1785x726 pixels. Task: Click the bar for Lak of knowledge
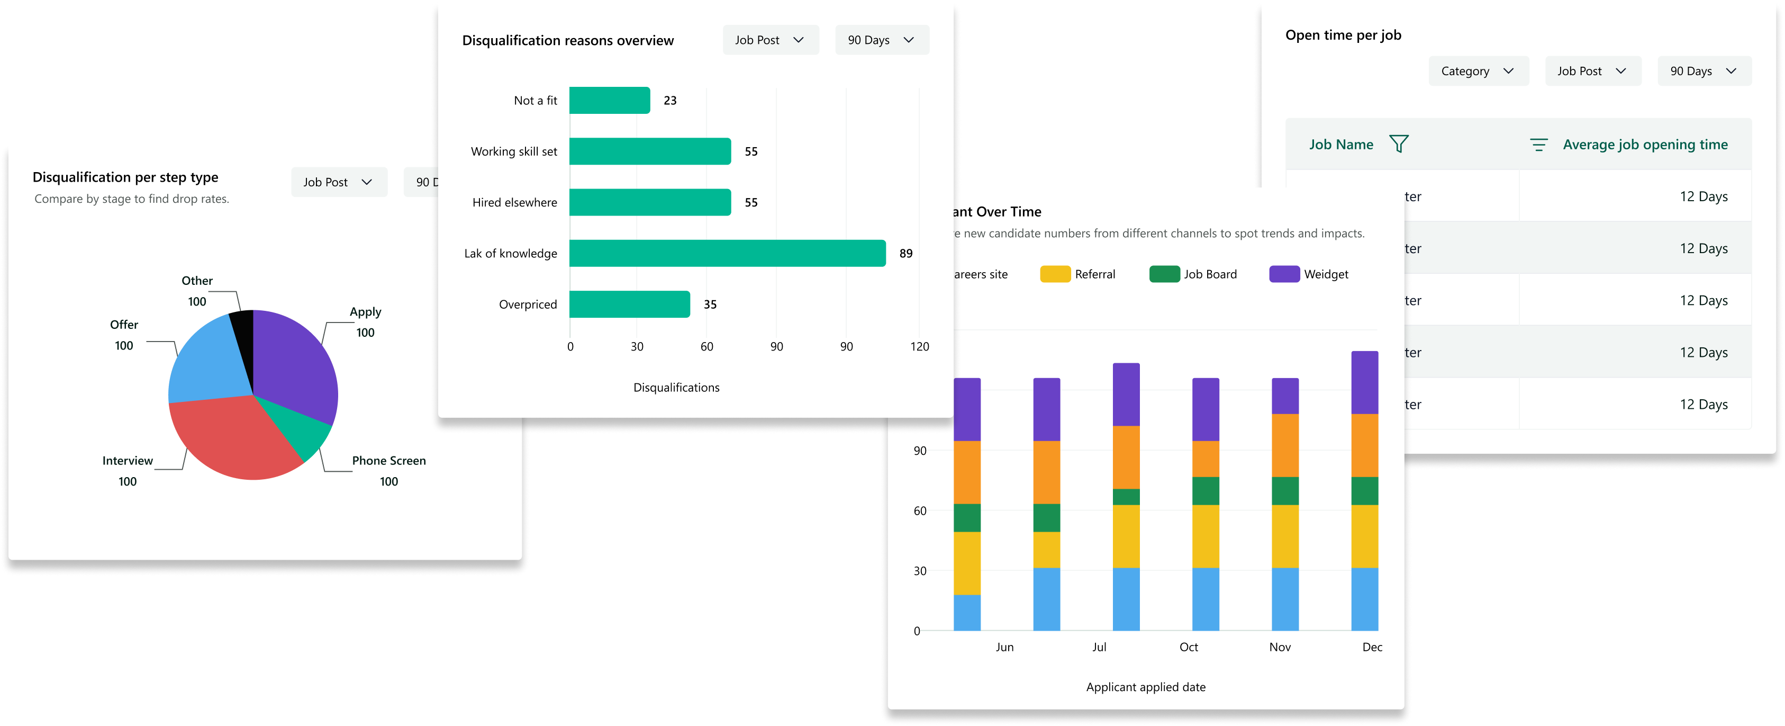pos(727,253)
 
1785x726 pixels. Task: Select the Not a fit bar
pos(609,101)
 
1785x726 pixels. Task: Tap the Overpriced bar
pos(629,304)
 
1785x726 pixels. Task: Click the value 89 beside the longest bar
pos(905,254)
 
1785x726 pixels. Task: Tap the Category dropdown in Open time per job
pos(1478,71)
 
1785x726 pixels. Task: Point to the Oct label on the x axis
pos(1189,647)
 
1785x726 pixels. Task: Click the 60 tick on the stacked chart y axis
pos(920,511)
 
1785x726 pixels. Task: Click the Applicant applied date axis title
pos(1145,687)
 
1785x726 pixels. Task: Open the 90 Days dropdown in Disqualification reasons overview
pos(882,40)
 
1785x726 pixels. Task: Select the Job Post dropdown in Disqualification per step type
pos(338,182)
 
